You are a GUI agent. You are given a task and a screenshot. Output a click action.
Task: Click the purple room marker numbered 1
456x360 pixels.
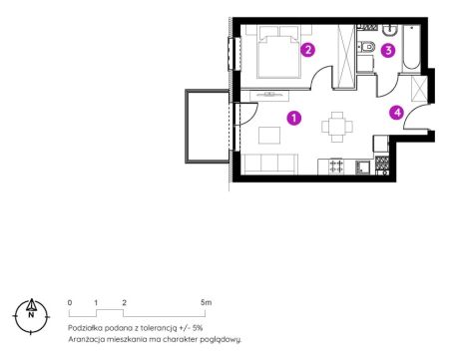coord(294,118)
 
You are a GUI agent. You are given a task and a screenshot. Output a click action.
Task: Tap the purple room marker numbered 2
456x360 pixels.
coord(307,50)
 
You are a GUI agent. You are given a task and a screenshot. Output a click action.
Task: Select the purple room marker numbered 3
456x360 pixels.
coord(388,51)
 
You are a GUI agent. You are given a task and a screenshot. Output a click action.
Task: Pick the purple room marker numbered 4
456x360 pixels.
coord(397,113)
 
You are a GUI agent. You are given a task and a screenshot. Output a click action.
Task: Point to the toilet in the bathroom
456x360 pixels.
coord(366,46)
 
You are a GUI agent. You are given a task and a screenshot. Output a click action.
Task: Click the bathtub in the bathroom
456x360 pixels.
coord(411,48)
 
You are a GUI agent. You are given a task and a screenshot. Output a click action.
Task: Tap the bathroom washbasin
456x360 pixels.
coord(389,30)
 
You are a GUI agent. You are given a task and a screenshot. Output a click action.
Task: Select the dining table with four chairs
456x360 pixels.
coord(337,127)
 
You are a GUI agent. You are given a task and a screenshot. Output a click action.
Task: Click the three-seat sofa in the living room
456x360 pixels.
coord(269,164)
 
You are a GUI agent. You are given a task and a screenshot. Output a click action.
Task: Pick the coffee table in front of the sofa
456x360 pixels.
coord(269,135)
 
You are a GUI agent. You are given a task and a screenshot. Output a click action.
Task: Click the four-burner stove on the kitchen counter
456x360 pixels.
coord(336,167)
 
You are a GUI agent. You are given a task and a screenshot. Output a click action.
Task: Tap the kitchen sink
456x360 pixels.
coord(362,168)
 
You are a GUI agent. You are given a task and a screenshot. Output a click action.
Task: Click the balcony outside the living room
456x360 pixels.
coord(207,127)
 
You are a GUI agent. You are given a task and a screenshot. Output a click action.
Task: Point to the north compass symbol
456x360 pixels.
coord(31,316)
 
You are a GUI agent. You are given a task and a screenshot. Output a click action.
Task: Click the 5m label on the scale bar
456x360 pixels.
coord(207,302)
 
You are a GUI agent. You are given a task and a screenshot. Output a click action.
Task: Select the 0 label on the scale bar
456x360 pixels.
coord(70,302)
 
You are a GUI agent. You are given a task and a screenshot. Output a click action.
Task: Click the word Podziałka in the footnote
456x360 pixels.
coord(85,328)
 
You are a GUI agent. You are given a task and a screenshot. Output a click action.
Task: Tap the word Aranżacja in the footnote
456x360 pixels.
coord(85,340)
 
